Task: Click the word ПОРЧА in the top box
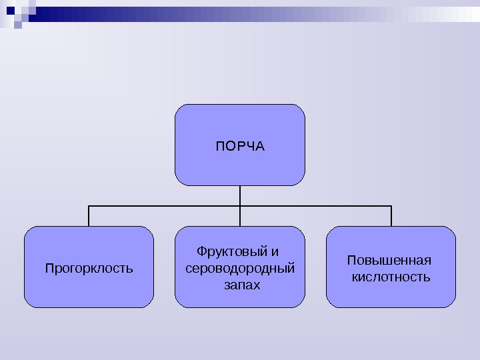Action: click(240, 145)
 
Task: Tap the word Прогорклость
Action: click(89, 269)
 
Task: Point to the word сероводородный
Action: click(240, 269)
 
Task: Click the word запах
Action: click(240, 285)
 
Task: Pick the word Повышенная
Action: click(389, 260)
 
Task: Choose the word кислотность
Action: click(391, 277)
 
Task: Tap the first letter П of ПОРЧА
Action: click(219, 145)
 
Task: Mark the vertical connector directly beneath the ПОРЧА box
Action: click(240, 195)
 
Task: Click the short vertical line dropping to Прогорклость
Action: click(89, 217)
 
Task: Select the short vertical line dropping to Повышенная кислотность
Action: click(391, 217)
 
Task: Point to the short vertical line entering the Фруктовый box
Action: click(240, 217)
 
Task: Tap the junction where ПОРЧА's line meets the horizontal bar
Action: click(240, 207)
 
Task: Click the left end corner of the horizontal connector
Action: click(89, 207)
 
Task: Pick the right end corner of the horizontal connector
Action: click(391, 207)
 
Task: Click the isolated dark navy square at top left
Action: click(18, 25)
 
